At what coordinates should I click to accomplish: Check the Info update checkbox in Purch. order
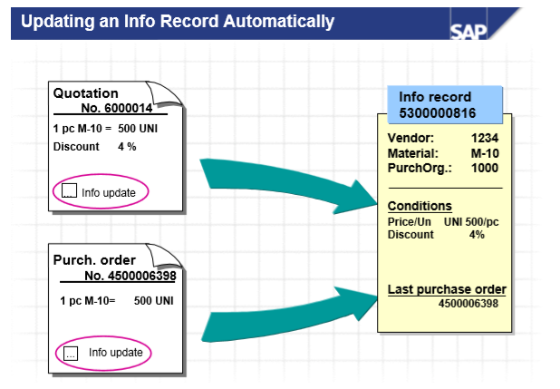(x=72, y=352)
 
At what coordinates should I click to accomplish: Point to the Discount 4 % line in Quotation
(x=95, y=146)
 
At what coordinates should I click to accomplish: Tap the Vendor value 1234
(x=484, y=138)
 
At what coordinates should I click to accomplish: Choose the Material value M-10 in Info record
(x=483, y=153)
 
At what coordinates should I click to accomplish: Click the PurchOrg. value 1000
(x=483, y=168)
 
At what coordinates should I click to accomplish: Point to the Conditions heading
(x=420, y=206)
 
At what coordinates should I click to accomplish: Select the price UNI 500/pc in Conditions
(x=471, y=221)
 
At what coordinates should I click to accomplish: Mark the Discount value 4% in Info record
(x=476, y=234)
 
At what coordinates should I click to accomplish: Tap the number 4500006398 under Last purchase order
(x=468, y=303)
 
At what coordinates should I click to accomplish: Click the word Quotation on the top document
(x=85, y=92)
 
